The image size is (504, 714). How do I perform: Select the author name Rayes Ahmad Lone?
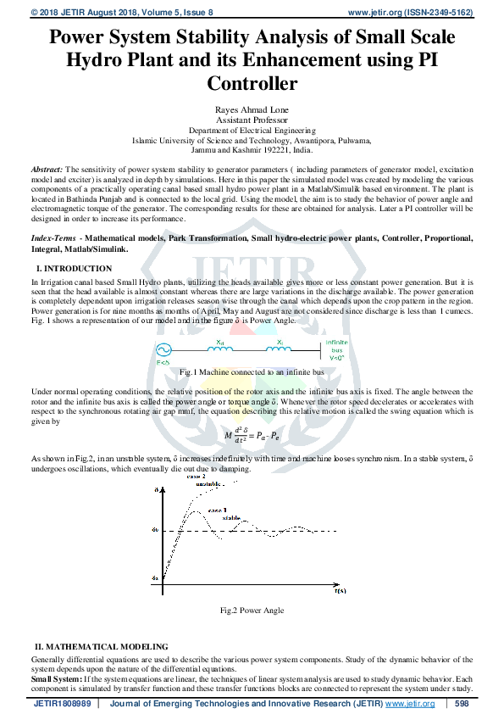pos(252,109)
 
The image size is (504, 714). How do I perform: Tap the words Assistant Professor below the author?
pos(252,120)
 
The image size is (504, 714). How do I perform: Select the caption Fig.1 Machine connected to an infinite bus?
pos(252,372)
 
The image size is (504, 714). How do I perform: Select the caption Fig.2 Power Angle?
pos(252,610)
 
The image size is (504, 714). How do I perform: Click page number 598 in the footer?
pos(462,704)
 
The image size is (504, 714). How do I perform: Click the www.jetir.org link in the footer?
pos(410,704)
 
